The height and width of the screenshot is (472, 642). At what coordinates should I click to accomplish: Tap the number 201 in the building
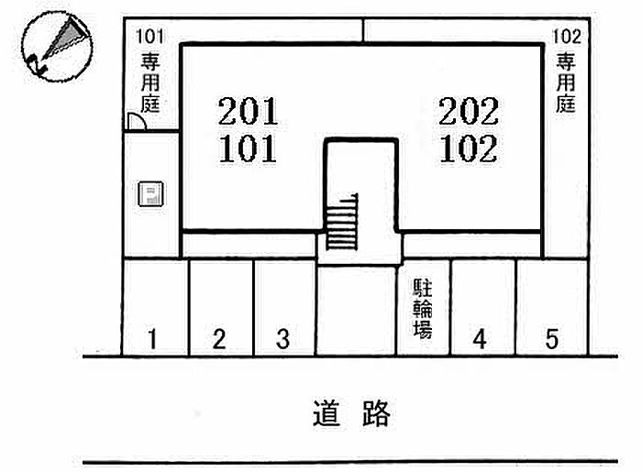pos(248,113)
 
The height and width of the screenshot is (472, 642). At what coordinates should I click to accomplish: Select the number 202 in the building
pos(469,113)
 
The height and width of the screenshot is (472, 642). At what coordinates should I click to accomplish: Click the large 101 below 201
pos(248,148)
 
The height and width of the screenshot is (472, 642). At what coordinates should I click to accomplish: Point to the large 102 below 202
pos(469,148)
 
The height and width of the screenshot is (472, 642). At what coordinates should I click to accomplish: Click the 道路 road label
pos(351,414)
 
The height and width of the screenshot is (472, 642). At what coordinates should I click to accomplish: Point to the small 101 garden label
pos(149,38)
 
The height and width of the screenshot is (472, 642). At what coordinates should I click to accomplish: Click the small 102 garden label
pos(567,38)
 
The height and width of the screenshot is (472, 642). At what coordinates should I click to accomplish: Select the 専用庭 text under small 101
pos(149,82)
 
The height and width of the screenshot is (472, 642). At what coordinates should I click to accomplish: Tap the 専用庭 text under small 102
pos(567,82)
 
